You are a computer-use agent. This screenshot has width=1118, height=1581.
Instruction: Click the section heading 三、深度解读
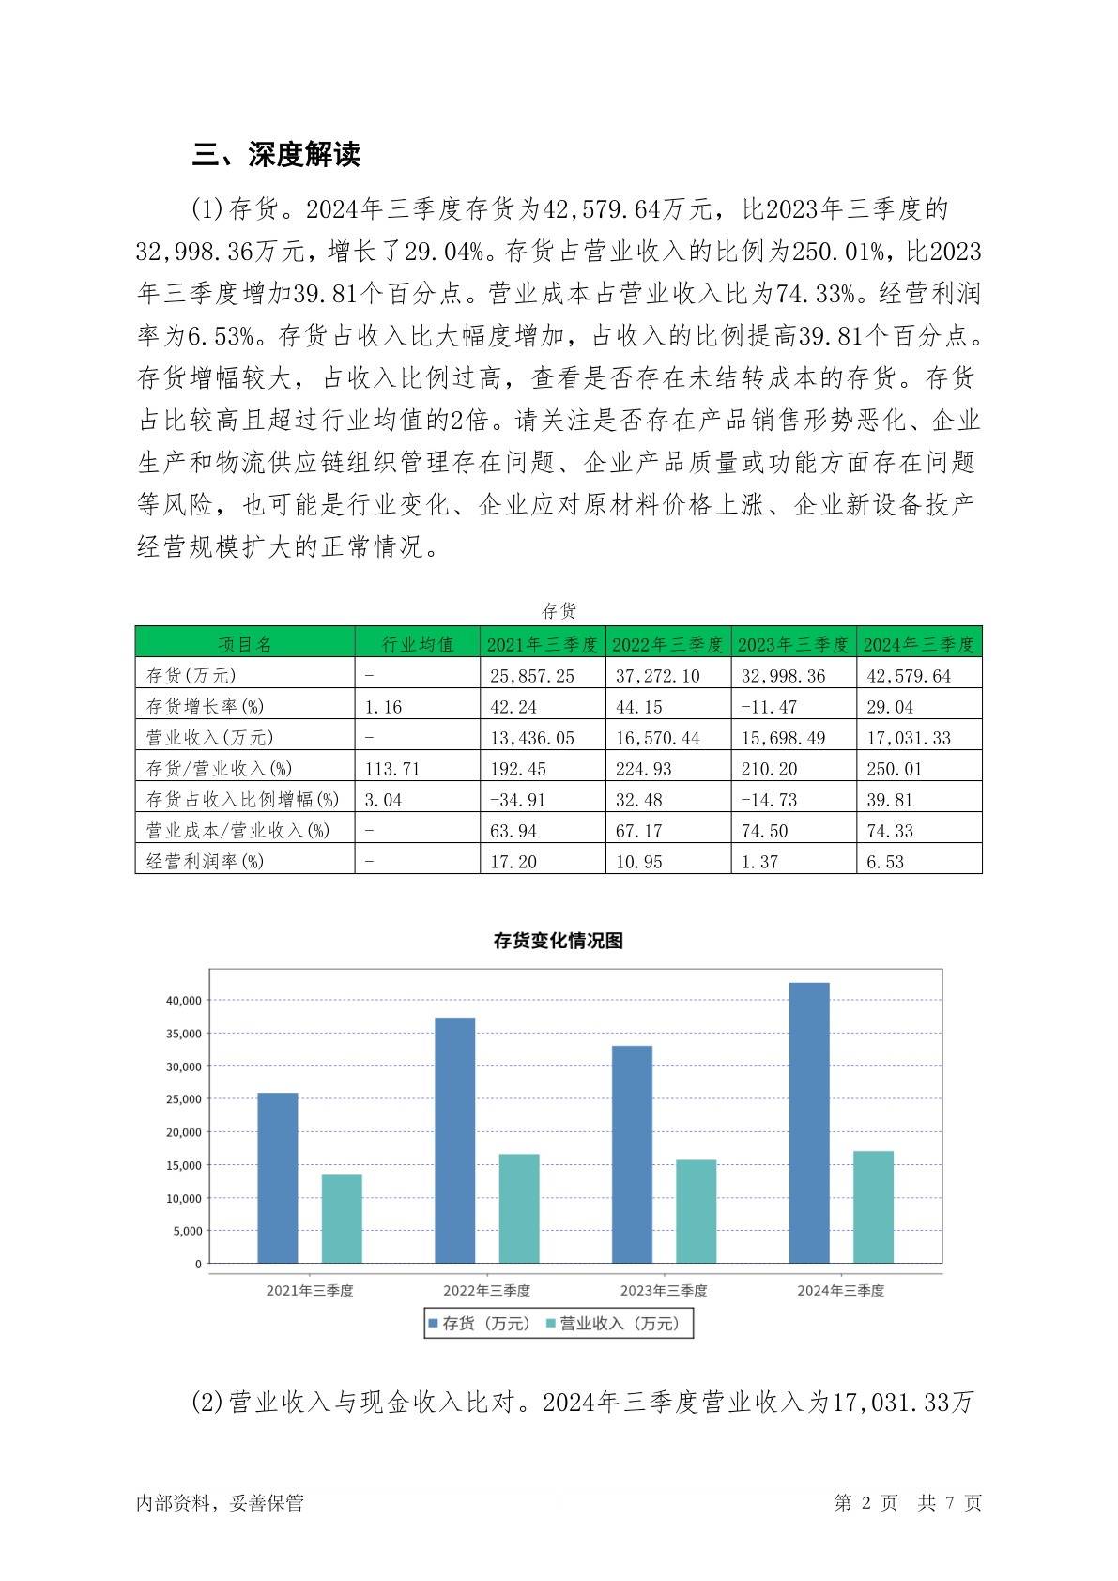(x=276, y=155)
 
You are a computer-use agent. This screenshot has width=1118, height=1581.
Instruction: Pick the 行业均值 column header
(x=417, y=644)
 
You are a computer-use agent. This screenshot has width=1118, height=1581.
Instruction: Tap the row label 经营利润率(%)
(x=205, y=861)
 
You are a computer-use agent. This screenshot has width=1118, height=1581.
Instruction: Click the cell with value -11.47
(x=768, y=707)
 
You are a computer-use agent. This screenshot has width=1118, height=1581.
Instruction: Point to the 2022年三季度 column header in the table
(x=667, y=644)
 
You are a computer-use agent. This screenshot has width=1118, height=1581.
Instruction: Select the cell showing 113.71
(x=392, y=769)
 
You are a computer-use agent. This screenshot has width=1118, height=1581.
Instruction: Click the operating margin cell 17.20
(x=513, y=862)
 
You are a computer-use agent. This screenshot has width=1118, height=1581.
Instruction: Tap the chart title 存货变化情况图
(x=559, y=941)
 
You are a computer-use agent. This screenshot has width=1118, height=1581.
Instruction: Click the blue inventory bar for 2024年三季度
(x=809, y=1122)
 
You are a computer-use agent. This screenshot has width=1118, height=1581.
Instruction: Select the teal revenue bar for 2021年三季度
(x=342, y=1219)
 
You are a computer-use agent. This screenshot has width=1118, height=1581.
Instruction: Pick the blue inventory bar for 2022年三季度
(x=454, y=1140)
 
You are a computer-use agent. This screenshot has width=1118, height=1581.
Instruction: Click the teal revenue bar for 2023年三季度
(x=696, y=1211)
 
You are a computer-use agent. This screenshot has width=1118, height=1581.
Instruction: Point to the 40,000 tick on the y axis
(x=184, y=1001)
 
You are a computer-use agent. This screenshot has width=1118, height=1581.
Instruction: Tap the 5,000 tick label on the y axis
(x=188, y=1231)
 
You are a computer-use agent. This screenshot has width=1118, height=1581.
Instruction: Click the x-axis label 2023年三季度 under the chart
(x=664, y=1291)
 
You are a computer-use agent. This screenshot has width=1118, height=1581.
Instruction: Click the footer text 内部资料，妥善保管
(x=220, y=1503)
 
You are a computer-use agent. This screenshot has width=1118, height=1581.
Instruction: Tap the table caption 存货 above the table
(x=559, y=611)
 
